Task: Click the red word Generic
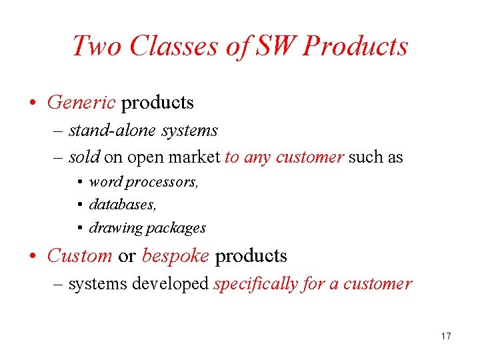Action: [81, 103]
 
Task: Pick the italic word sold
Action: [84, 157]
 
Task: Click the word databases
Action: [123, 204]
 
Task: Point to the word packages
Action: [176, 227]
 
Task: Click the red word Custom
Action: [80, 255]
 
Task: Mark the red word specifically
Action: [255, 284]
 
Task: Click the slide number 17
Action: [446, 336]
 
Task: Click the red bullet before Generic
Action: [33, 103]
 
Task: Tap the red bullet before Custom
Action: [33, 256]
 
